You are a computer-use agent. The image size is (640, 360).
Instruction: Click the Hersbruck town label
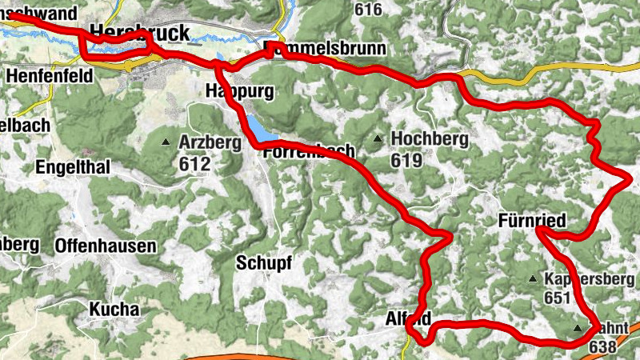pyautogui.click(x=141, y=33)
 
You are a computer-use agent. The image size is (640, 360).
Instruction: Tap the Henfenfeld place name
pyautogui.click(x=49, y=74)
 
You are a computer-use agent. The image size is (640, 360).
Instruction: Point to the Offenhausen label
pyautogui.click(x=106, y=246)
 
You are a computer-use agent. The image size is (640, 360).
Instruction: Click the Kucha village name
pyautogui.click(x=114, y=309)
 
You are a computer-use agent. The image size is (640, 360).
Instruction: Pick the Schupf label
pyautogui.click(x=264, y=262)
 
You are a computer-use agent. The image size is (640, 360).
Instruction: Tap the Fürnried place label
pyautogui.click(x=532, y=220)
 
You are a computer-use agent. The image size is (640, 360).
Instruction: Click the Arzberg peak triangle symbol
pyautogui.click(x=166, y=142)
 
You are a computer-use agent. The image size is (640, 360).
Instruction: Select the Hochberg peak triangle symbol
pyautogui.click(x=378, y=139)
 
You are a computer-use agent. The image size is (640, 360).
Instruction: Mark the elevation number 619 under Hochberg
pyautogui.click(x=406, y=160)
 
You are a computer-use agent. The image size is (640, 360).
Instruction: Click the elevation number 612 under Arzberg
pyautogui.click(x=195, y=164)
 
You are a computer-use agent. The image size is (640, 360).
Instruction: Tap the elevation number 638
pyautogui.click(x=602, y=346)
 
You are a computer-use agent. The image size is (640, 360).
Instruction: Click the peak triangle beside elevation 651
pyautogui.click(x=534, y=279)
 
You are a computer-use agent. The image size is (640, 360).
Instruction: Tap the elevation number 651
pyautogui.click(x=558, y=298)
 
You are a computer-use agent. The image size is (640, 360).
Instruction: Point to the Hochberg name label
pyautogui.click(x=430, y=139)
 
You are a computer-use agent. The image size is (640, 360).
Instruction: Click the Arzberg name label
pyautogui.click(x=210, y=142)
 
